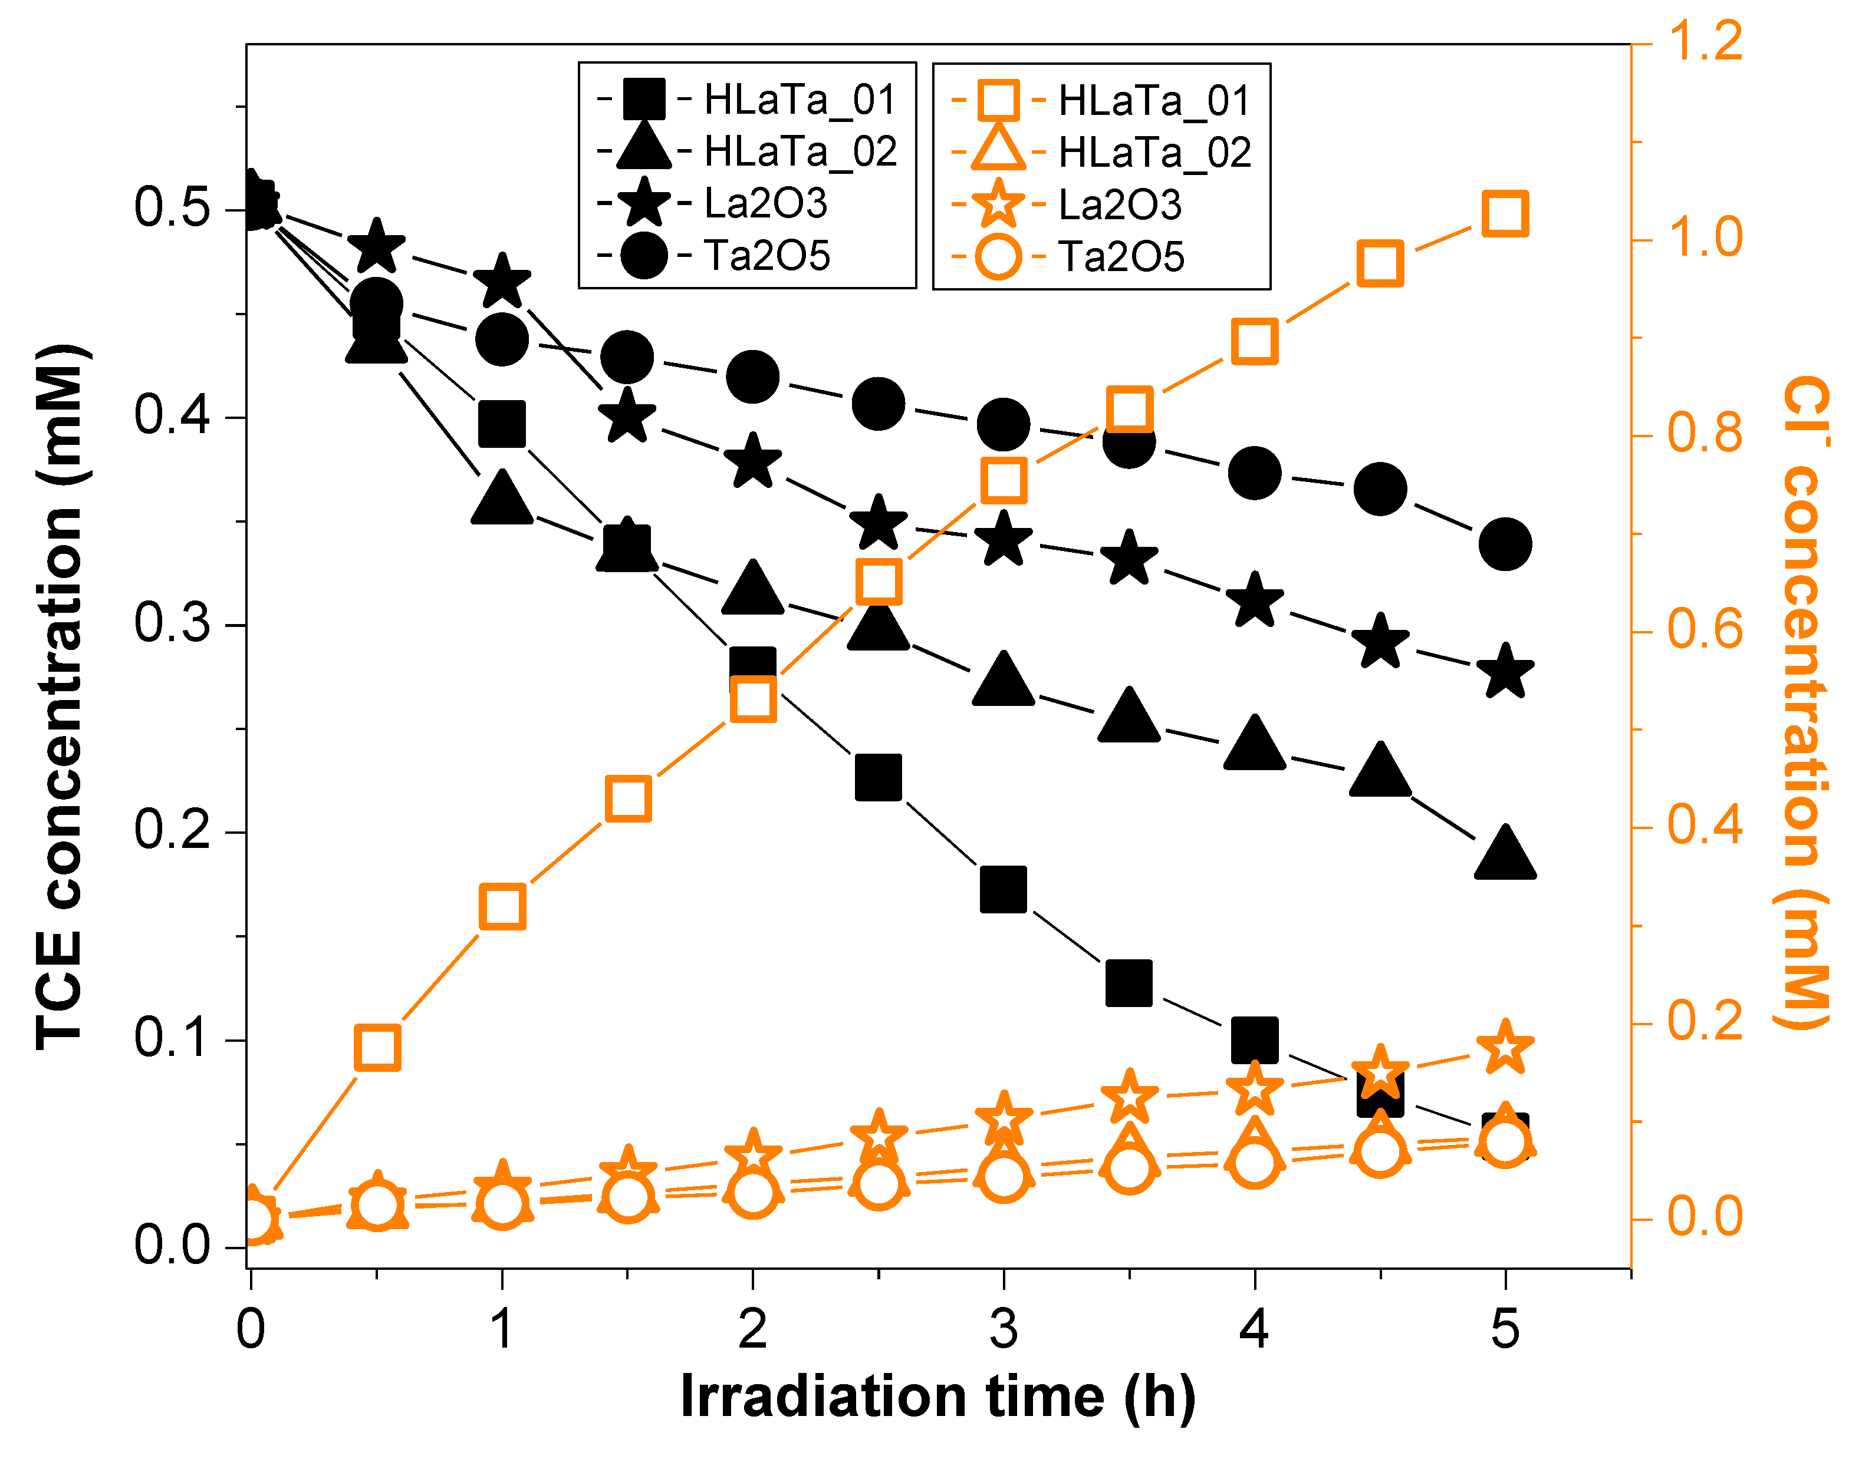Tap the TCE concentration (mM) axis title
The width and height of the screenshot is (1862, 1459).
click(x=60, y=696)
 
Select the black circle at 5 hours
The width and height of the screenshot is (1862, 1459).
click(x=1505, y=543)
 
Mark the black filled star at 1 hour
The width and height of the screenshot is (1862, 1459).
click(x=502, y=282)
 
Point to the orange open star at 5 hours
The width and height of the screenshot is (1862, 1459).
click(x=1505, y=1048)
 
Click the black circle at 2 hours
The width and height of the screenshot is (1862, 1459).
click(x=752, y=377)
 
